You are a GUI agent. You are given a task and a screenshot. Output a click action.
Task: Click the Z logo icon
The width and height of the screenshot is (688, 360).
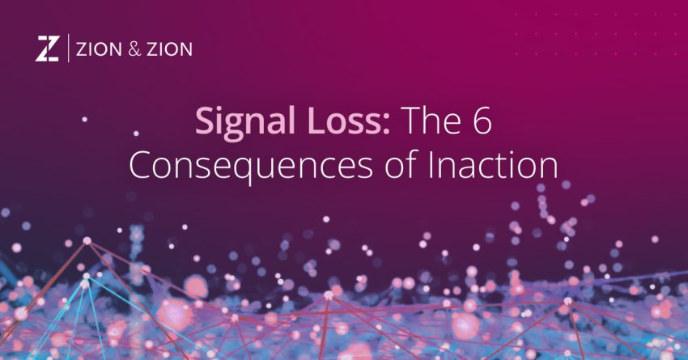[47, 49]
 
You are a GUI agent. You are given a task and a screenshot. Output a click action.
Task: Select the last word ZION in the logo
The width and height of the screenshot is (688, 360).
[169, 50]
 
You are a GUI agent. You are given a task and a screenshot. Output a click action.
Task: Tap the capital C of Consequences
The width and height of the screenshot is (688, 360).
[142, 165]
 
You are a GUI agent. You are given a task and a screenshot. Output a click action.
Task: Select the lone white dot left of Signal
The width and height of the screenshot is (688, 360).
[84, 120]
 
